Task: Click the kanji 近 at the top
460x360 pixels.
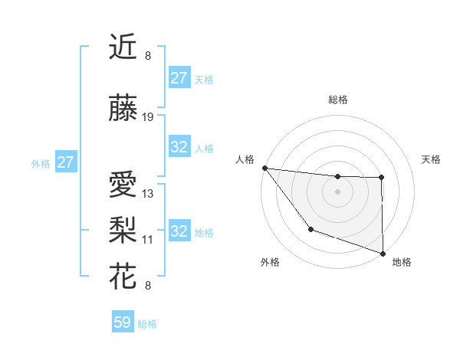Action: [x=124, y=49]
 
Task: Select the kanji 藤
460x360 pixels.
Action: [x=124, y=110]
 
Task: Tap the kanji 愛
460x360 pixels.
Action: [x=124, y=186]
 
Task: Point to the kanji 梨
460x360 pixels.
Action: [x=124, y=227]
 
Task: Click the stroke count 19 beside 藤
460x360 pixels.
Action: [x=148, y=117]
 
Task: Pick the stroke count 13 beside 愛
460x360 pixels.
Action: [x=148, y=194]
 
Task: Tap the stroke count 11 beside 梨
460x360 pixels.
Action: [x=148, y=239]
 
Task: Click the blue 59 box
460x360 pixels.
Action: [x=123, y=322]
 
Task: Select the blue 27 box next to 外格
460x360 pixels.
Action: [x=65, y=162]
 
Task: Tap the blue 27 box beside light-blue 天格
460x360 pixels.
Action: [x=179, y=78]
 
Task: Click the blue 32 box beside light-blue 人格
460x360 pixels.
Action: [x=179, y=147]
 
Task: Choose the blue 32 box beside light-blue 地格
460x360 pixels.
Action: [x=179, y=231]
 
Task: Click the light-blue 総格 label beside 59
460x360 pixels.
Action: [x=147, y=324]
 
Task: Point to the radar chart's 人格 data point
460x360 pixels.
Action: [x=264, y=168]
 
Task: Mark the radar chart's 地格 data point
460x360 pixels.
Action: [x=383, y=252]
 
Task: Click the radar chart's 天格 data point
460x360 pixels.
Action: [x=381, y=178]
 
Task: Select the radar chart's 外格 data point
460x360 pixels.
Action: [x=310, y=229]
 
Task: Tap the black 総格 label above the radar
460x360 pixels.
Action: [x=337, y=100]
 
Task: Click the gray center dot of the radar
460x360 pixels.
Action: [x=337, y=191]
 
